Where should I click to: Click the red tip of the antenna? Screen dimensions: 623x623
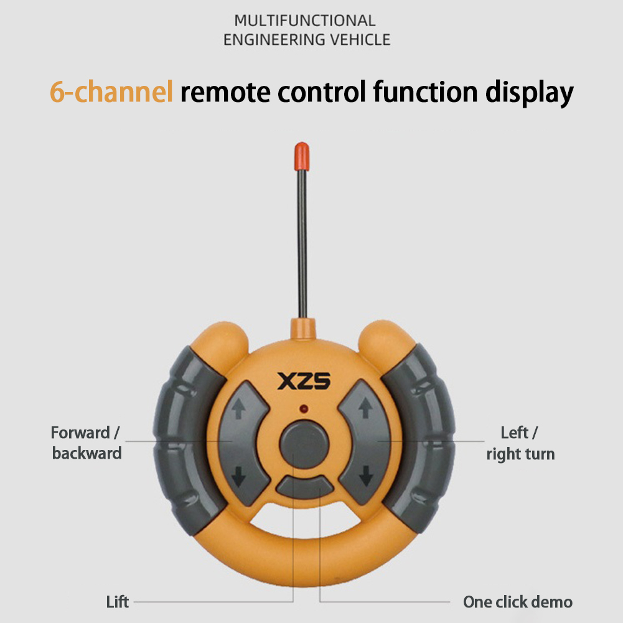tap(302, 157)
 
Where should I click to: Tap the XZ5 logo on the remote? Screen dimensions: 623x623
tap(304, 381)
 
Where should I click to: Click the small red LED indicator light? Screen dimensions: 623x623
tap(304, 408)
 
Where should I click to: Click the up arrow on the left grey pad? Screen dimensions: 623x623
tap(238, 408)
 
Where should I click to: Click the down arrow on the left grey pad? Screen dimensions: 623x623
tap(238, 476)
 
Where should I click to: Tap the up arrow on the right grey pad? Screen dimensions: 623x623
tap(365, 408)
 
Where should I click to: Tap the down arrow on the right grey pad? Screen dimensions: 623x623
tap(366, 475)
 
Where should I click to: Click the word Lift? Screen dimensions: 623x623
tap(117, 602)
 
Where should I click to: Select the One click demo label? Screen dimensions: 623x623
tap(518, 602)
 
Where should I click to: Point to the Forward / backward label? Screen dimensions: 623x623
tap(87, 443)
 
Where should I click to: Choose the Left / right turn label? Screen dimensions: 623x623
tap(520, 443)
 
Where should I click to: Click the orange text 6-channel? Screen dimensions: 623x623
tap(111, 91)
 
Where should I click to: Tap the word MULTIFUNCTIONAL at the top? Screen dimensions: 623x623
tap(305, 21)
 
